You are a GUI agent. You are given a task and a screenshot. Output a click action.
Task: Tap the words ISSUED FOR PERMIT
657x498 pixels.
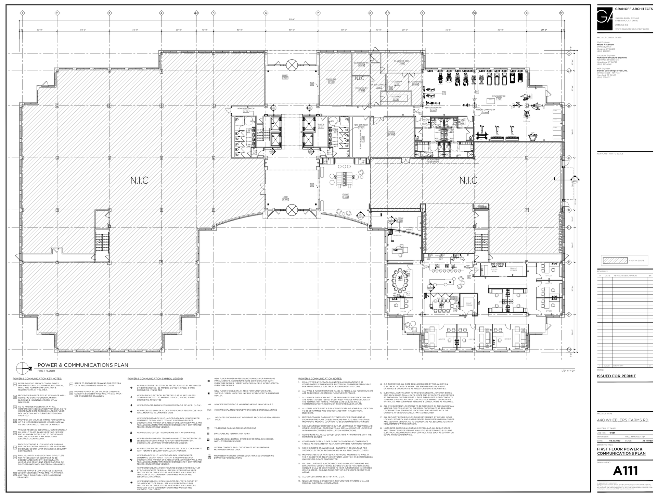616,376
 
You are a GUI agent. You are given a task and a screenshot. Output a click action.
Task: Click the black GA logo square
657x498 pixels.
605,18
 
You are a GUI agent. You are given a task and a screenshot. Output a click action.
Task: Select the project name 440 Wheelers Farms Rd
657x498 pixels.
622,420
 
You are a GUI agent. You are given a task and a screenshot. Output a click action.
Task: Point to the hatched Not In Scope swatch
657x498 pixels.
614,261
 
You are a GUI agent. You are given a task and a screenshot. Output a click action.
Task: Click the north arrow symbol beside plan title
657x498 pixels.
23,368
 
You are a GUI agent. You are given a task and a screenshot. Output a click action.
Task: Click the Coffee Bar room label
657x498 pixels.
331,80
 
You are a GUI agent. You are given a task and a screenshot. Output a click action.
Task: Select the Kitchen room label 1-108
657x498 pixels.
391,133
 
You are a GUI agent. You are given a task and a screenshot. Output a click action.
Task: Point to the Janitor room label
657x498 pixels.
321,126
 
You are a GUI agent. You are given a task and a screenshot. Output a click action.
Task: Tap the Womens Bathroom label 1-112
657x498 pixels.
246,110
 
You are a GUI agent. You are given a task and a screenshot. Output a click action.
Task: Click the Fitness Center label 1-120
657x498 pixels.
499,97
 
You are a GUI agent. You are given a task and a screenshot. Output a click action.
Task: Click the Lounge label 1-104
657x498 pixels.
345,196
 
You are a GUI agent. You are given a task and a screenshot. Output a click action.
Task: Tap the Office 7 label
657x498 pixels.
507,339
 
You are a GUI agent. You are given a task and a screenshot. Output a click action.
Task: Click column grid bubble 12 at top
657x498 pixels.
561,13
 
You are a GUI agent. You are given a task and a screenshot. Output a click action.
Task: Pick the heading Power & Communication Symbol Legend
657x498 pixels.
155,378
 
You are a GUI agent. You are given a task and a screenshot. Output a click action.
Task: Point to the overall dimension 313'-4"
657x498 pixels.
292,20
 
